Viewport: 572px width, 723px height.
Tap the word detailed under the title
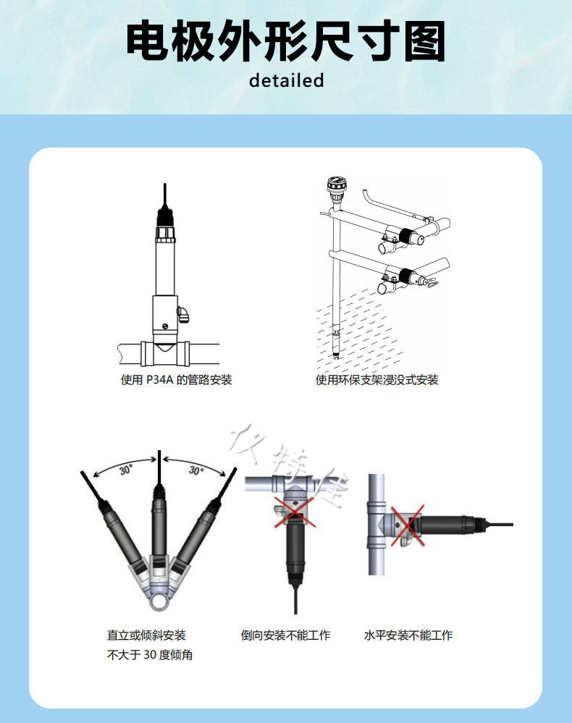pyautogui.click(x=286, y=80)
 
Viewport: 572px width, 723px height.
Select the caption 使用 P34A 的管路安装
pyautogui.click(x=176, y=380)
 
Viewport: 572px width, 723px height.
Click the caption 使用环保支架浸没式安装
pyautogui.click(x=377, y=380)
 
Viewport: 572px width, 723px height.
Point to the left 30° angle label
pyautogui.click(x=126, y=470)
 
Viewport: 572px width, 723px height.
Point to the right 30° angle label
pyautogui.click(x=195, y=470)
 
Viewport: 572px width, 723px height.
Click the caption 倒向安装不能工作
pyautogui.click(x=285, y=635)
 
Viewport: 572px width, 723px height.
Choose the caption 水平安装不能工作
pyautogui.click(x=408, y=635)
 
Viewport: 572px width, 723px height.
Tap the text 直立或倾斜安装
pyautogui.click(x=146, y=635)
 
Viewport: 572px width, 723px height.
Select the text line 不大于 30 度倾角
pyautogui.click(x=150, y=655)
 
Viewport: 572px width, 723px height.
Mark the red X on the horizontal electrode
pyautogui.click(x=407, y=526)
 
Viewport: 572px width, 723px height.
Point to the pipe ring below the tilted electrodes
pyautogui.click(x=157, y=599)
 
